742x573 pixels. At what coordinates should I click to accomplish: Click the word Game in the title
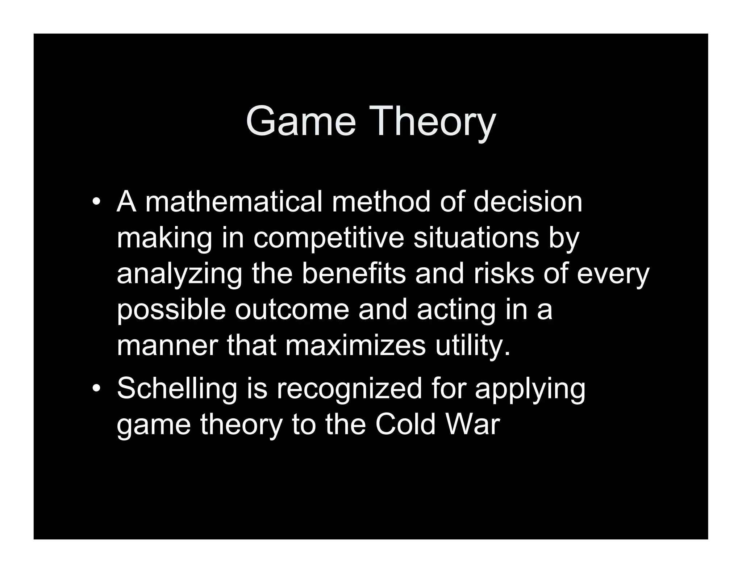pos(301,121)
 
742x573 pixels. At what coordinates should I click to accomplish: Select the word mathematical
pos(234,202)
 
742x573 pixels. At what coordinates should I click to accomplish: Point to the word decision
pos(528,202)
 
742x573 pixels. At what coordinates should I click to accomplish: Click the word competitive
pos(328,239)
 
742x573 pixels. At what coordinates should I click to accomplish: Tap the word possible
pos(171,311)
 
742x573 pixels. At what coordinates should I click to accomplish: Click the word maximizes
pos(355,346)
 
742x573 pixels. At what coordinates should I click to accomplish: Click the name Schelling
pos(177,389)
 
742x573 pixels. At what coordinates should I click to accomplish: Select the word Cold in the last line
pos(405,424)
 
